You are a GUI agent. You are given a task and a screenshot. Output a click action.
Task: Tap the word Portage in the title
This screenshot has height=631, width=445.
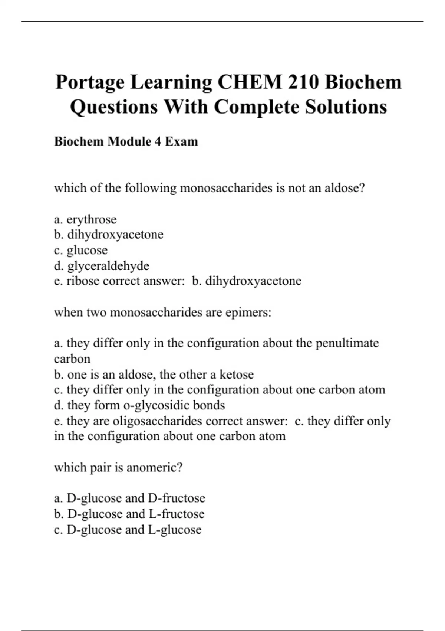(89, 83)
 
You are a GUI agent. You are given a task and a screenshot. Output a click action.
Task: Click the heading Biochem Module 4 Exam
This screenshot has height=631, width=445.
(126, 141)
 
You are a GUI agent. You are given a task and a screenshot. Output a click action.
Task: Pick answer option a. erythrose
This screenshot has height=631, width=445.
(85, 219)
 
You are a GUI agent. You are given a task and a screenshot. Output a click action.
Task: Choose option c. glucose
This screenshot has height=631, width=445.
(81, 250)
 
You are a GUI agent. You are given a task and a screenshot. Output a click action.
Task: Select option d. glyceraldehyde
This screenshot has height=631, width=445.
(102, 266)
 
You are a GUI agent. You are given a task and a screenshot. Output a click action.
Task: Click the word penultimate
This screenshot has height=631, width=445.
(347, 343)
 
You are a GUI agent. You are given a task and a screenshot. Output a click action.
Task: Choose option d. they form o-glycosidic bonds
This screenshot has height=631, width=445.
(139, 405)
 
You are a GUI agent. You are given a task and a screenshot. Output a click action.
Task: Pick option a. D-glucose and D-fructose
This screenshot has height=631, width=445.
(129, 498)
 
